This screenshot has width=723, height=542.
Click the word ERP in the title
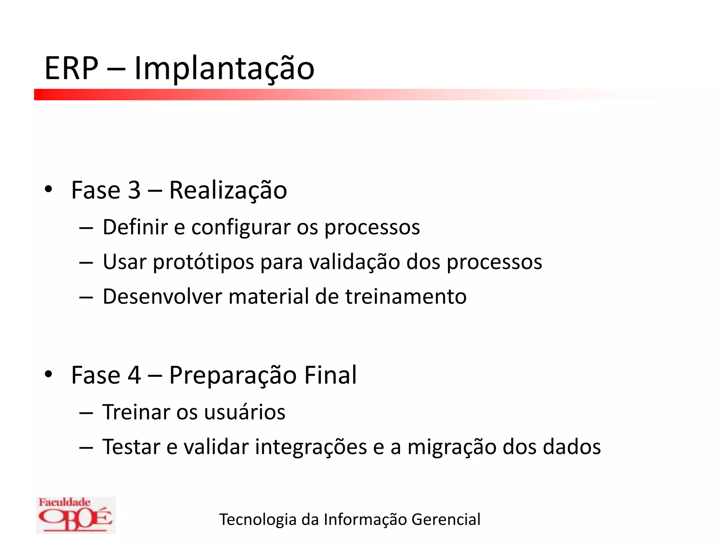pos(71,68)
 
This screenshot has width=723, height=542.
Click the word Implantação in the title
pos(224,69)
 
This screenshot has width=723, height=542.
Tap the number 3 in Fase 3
pos(134,191)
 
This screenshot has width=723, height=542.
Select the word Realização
pos(228,191)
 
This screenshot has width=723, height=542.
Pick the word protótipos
pos(203,263)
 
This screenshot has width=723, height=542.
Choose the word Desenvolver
pos(162,296)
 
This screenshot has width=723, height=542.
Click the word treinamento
pos(406,296)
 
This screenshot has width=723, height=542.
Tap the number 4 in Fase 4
pos(134,375)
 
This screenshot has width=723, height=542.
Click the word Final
pos(330,375)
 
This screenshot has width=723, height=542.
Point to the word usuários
pos(244,412)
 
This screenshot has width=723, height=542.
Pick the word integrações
pos(311,447)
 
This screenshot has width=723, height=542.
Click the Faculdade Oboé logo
pos(76,515)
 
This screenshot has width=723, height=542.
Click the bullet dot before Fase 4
pos(49,374)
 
